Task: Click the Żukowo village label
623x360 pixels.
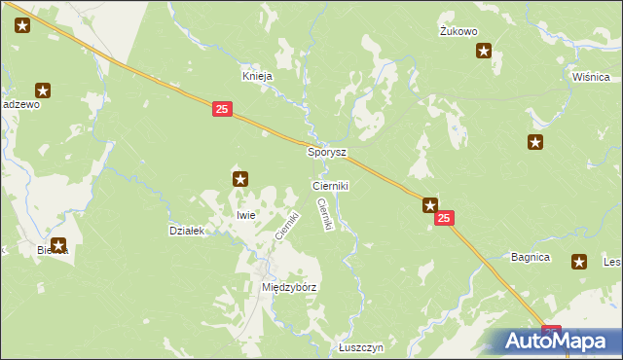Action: tap(458, 31)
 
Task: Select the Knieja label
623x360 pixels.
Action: tap(257, 76)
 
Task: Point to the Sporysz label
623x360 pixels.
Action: tap(327, 153)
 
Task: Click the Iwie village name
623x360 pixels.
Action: tap(245, 215)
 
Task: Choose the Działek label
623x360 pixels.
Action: tap(186, 231)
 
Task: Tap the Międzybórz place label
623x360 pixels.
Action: tap(290, 288)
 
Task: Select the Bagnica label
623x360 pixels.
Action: tap(531, 258)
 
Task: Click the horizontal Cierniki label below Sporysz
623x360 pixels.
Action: tap(330, 185)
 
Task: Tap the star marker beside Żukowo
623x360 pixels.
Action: tap(484, 52)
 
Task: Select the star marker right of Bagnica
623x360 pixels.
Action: tap(580, 261)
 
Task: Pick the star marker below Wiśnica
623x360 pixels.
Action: tap(535, 143)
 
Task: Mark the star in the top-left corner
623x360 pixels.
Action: tap(22, 26)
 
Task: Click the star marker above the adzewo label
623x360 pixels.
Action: tap(43, 90)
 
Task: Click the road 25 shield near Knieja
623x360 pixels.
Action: tap(222, 111)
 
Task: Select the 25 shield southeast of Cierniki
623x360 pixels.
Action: tap(444, 221)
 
